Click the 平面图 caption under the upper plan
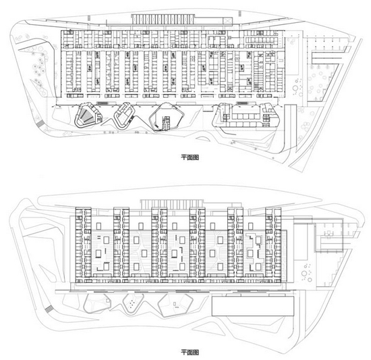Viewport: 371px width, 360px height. pyautogui.click(x=190, y=157)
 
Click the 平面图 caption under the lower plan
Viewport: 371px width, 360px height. pyautogui.click(x=190, y=352)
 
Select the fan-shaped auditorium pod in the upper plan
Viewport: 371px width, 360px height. pyautogui.click(x=88, y=115)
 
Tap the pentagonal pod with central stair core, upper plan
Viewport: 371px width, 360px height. pyautogui.click(x=167, y=117)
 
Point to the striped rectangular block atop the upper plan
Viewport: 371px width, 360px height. pyautogui.click(x=163, y=19)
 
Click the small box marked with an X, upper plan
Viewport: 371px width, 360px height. pyautogui.click(x=227, y=21)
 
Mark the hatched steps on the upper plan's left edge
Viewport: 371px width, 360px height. pyautogui.click(x=40, y=124)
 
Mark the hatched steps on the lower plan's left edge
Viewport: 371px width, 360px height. pyautogui.click(x=49, y=309)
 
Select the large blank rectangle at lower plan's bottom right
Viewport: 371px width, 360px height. pyautogui.click(x=253, y=306)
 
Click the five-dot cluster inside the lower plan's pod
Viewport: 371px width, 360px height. pyautogui.click(x=132, y=304)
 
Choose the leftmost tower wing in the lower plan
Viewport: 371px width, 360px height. pyautogui.click(x=83, y=242)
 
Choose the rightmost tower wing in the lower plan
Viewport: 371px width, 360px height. pyautogui.click(x=273, y=242)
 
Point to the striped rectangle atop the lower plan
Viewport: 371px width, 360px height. pyautogui.click(x=172, y=204)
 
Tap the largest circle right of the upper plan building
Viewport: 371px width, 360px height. pyautogui.click(x=295, y=88)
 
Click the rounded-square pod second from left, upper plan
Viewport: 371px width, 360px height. pyautogui.click(x=124, y=115)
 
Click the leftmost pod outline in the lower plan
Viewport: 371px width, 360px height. pyautogui.click(x=97, y=303)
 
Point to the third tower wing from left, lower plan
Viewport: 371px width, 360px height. pyautogui.click(x=159, y=242)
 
